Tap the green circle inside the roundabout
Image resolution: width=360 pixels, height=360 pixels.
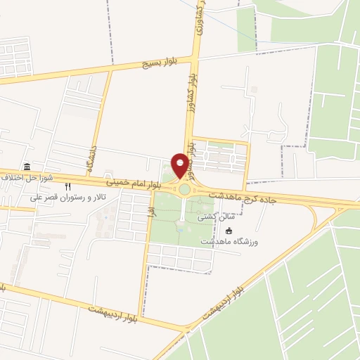click(x=184, y=188)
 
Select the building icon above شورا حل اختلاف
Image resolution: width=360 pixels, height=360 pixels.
click(x=27, y=167)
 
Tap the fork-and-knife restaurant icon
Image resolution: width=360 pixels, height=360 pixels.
click(x=68, y=187)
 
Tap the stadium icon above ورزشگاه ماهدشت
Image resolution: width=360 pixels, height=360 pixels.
click(x=228, y=230)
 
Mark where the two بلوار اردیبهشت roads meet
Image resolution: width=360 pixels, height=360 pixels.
click(x=186, y=328)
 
